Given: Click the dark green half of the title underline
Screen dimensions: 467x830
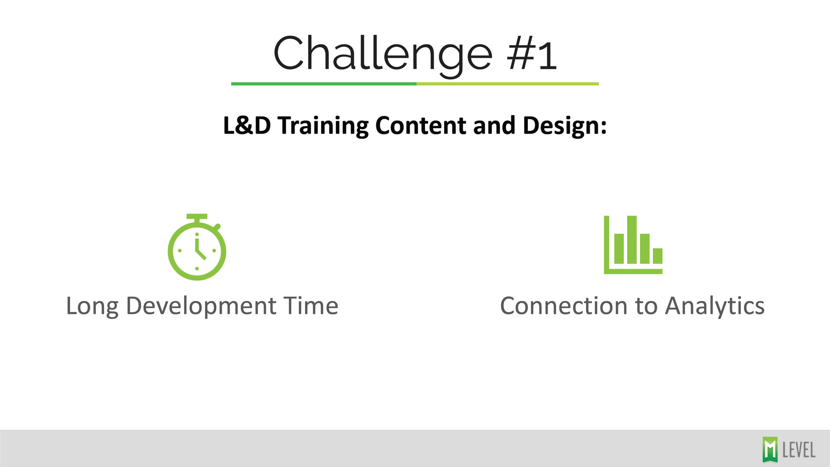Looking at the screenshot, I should tap(324, 84).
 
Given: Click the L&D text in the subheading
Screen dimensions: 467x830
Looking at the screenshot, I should tap(247, 126).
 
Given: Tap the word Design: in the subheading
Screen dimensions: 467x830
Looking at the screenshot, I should tap(565, 126).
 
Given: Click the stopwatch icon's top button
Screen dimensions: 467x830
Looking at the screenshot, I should tap(197, 216).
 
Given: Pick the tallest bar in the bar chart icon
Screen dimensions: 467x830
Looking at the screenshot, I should tap(632, 240).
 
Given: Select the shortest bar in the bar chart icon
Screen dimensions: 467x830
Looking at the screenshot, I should tap(658, 256).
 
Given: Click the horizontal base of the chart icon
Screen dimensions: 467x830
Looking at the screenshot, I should tap(633, 272).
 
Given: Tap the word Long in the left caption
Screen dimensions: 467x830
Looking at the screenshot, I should tap(92, 306).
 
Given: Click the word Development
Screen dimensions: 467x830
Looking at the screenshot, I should tap(201, 306).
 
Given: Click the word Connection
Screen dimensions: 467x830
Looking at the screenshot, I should tap(563, 306).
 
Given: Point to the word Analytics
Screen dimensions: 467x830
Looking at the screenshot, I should tap(715, 306).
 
